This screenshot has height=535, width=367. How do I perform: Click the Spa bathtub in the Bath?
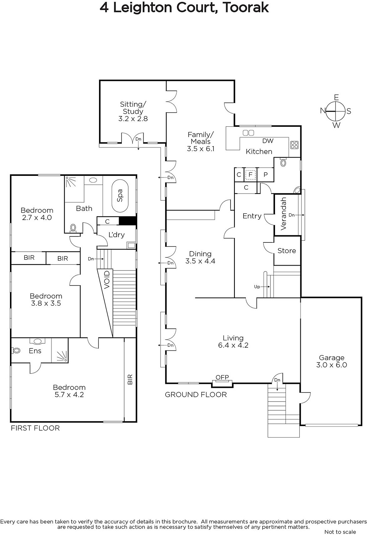pyautogui.click(x=120, y=196)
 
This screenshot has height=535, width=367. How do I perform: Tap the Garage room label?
pyautogui.click(x=332, y=357)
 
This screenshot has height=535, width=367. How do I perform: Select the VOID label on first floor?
pyautogui.click(x=107, y=280)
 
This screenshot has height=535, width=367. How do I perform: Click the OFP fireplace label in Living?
pyautogui.click(x=222, y=377)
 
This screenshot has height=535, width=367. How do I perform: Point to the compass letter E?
pyautogui.click(x=336, y=97)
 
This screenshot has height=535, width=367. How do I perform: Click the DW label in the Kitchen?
pyautogui.click(x=268, y=141)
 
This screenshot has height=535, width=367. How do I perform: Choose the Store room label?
pyautogui.click(x=287, y=251)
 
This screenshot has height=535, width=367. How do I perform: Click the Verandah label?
pyautogui.click(x=283, y=214)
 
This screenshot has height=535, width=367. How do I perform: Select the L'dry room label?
pyautogui.click(x=117, y=235)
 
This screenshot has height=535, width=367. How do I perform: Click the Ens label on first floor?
pyautogui.click(x=35, y=351)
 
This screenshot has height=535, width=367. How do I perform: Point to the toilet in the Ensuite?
pyautogui.click(x=15, y=351)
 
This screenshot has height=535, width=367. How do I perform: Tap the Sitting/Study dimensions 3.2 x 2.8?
pyautogui.click(x=133, y=119)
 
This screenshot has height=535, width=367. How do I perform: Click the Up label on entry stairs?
pyautogui.click(x=257, y=287)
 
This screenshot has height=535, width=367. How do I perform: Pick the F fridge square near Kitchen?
pyautogui.click(x=250, y=175)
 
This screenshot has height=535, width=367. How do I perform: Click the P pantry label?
pyautogui.click(x=265, y=175)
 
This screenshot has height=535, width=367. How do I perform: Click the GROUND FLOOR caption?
pyautogui.click(x=196, y=395)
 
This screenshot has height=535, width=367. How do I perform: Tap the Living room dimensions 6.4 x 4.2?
pyautogui.click(x=233, y=345)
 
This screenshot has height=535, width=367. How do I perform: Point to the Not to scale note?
pyautogui.click(x=340, y=532)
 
